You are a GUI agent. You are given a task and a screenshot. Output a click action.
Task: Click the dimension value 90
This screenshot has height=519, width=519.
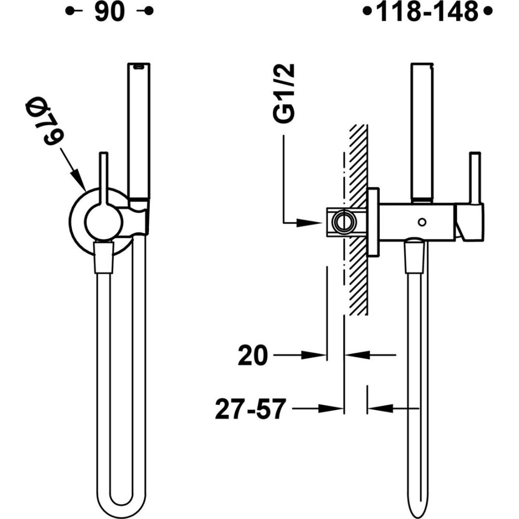click(110, 12)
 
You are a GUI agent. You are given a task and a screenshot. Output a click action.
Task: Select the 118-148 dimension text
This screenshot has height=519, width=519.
click(427, 12)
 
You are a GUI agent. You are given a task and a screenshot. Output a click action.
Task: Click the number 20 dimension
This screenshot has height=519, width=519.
click(252, 356)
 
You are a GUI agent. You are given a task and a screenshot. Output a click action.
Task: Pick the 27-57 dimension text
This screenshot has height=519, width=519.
click(251, 409)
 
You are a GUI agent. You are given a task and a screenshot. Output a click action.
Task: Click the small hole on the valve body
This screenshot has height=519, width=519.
click(422, 223)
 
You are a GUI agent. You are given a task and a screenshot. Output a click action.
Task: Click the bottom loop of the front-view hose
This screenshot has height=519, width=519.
click(120, 506)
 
